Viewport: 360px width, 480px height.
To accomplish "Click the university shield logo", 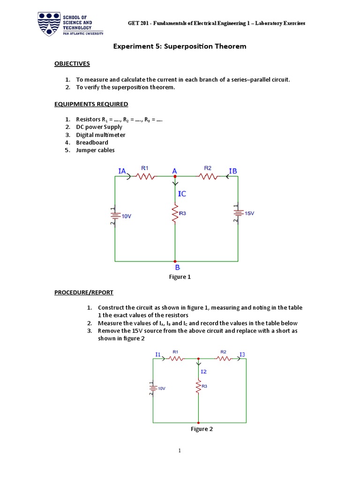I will point(49,24).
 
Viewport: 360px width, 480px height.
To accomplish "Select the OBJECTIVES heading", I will point(72,63).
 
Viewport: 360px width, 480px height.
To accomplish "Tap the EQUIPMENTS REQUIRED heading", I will point(91,104).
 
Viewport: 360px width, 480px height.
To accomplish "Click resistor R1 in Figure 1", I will point(145,176).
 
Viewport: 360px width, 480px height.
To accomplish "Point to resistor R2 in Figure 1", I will point(208,176).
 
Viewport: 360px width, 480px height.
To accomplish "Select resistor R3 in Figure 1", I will point(175,213).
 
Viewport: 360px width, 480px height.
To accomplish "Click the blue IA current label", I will point(122,171).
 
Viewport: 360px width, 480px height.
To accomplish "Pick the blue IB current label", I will point(233,171).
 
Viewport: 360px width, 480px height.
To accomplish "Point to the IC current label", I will point(182,193).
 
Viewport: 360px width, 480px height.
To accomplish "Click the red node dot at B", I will point(175,261).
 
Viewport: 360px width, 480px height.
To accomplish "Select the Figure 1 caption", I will point(180,277).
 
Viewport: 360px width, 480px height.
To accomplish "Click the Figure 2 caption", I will point(202,429).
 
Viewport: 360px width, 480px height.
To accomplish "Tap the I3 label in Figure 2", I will point(242,354).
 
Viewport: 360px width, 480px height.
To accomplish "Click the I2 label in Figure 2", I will point(203,371).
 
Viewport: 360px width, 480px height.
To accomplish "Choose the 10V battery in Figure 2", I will point(153,388).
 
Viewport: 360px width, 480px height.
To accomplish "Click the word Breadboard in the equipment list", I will point(92,142).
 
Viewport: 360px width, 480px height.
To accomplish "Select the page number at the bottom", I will point(179,451).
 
